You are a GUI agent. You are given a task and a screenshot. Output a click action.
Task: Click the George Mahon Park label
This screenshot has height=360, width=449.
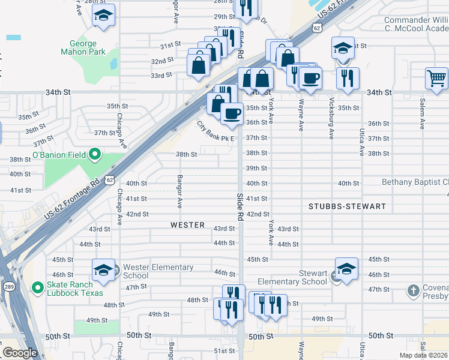point(83,47)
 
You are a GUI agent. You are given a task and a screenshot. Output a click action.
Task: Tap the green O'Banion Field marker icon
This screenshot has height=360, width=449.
point(95,155)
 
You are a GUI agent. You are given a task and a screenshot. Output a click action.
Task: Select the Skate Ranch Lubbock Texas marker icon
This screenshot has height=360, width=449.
point(38,289)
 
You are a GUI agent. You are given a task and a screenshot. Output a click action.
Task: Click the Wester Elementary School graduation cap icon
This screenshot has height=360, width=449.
point(103,271)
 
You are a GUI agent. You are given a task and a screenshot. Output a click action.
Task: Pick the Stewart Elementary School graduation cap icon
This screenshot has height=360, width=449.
point(346,269)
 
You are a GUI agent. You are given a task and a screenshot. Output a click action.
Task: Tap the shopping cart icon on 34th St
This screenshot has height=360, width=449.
point(436,79)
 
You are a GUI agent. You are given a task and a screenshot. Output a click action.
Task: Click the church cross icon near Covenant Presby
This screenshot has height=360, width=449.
point(413,291)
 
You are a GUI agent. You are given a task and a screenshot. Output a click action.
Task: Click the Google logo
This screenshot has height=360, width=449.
point(20,353)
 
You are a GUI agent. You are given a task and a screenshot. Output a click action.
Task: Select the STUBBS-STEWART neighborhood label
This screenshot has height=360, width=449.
point(347,206)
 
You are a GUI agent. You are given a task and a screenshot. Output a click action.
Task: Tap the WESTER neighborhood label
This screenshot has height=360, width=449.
point(187,225)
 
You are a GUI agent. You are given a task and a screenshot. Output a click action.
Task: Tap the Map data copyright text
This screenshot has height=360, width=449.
point(424,355)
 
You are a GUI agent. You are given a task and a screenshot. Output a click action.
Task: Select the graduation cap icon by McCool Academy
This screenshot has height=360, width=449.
point(343,49)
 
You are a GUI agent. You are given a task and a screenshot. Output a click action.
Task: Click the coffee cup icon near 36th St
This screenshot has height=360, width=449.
point(231,113)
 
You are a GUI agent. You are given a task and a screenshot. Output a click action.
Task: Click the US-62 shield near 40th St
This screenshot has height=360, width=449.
point(110,179)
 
